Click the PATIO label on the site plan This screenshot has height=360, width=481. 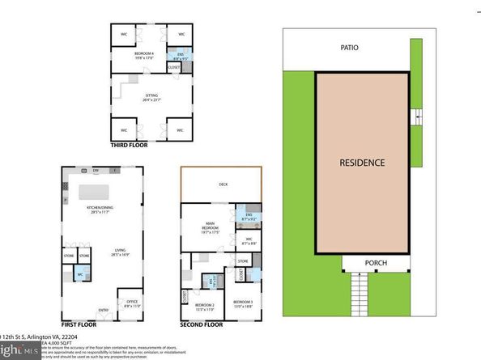tap(349, 48)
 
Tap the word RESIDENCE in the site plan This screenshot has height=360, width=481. tap(361, 162)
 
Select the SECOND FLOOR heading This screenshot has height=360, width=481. tap(202, 324)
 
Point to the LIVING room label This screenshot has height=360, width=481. tap(100, 251)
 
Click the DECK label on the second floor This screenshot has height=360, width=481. tap(223, 184)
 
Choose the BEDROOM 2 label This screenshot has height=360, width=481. tap(203, 307)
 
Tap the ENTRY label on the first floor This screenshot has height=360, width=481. tap(104, 309)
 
